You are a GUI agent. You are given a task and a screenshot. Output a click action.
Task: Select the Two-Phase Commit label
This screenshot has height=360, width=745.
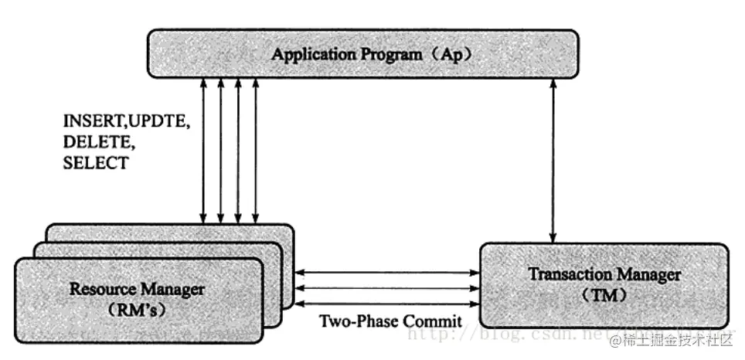[390, 320]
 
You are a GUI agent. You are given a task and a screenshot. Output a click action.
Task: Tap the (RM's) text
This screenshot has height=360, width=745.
[138, 310]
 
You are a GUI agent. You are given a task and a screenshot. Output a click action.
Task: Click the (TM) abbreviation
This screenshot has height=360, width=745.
[604, 295]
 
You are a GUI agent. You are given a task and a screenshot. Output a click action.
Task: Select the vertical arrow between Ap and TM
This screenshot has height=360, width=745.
[552, 158]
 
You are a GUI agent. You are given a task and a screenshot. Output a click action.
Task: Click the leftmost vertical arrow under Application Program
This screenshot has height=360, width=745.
[203, 147]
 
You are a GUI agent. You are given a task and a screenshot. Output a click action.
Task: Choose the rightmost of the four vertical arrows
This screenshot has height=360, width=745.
[256, 147]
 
